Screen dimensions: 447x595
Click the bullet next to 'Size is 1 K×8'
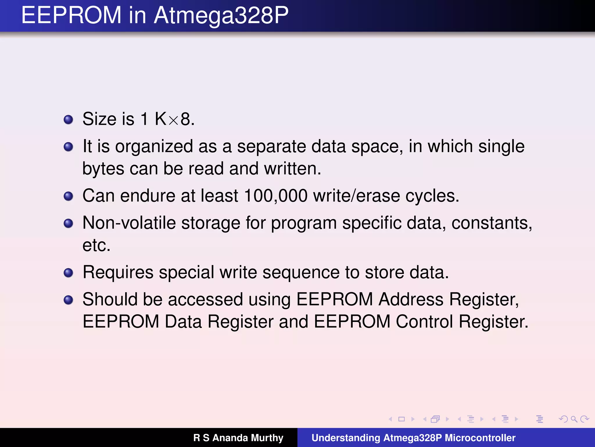(x=68, y=119)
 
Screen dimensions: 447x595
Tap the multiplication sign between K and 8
(x=173, y=120)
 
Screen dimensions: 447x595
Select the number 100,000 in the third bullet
(x=276, y=196)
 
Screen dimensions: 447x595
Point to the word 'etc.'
(x=96, y=245)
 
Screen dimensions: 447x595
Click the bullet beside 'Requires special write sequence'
(x=68, y=273)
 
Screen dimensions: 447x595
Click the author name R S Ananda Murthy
(x=238, y=438)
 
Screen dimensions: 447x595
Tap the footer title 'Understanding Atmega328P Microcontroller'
(x=413, y=438)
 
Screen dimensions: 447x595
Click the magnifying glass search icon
(x=574, y=419)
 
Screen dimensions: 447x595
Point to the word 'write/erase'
(x=356, y=196)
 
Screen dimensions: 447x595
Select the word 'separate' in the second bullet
(x=271, y=146)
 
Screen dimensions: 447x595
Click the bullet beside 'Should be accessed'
(x=68, y=300)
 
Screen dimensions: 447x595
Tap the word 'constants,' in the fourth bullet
(x=492, y=223)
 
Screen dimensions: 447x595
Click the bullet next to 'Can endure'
(x=68, y=196)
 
